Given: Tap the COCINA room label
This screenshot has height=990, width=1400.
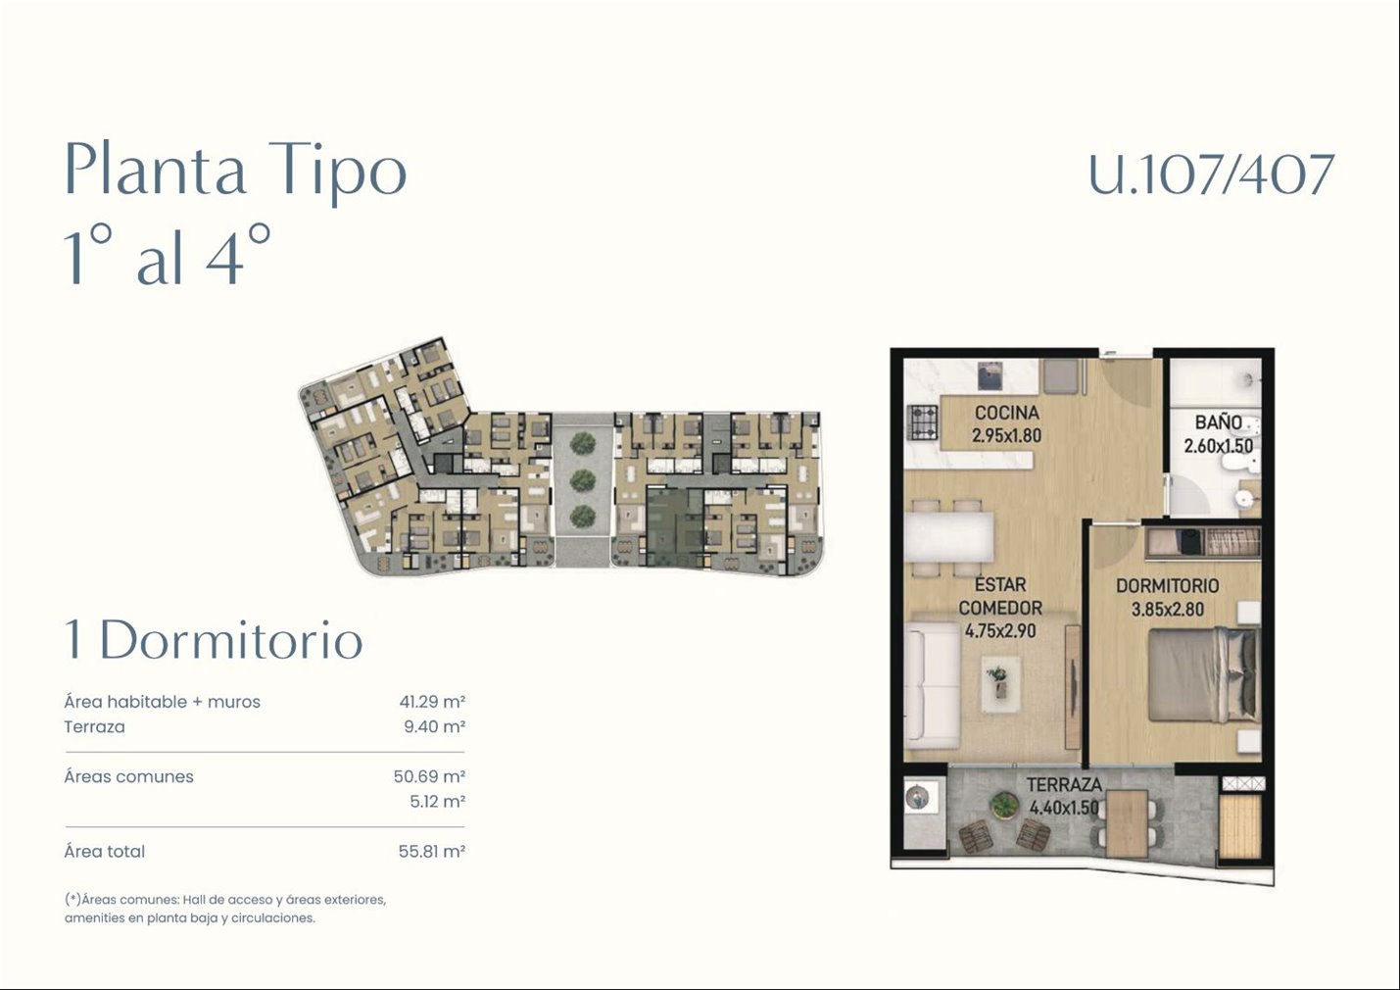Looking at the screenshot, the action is pos(1007,413).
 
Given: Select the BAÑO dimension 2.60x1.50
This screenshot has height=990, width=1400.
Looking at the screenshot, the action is pos(1218,446).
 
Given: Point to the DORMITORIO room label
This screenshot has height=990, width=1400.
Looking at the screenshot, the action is pos(1168,586).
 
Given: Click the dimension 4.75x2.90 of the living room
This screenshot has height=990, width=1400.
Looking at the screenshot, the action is pos(1000,631).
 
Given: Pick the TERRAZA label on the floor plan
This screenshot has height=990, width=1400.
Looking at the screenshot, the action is pos(1064,785).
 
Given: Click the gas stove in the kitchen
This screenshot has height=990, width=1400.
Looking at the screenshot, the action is pos(923,422).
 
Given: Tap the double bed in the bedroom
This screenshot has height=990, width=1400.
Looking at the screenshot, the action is pos(1202,676).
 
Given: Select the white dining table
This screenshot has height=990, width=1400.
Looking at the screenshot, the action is pos(949,537).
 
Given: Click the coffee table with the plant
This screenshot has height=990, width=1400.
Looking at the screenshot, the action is pos(1001,683).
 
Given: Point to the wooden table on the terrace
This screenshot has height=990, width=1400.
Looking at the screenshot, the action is pos(1127,823).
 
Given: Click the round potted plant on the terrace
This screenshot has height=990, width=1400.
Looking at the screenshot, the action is pos(1004,805).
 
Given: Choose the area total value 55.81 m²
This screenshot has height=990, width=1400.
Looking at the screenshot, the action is pos(432,851).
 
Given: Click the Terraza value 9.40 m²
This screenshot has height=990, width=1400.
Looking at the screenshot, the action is pos(434,726).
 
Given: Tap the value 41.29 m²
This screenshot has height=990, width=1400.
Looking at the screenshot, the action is pos(432,702).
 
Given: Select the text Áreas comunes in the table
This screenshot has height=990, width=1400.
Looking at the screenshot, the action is pos(128,776).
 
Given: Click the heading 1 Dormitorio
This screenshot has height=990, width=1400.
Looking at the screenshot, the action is pos(214,640).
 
